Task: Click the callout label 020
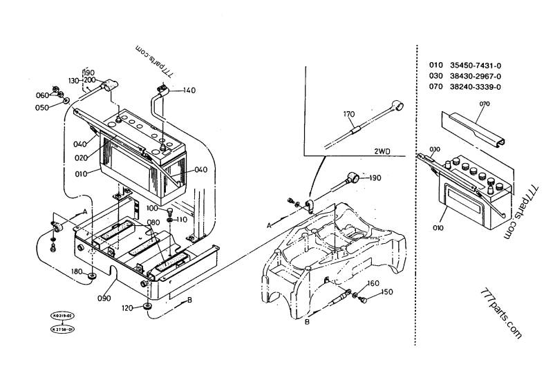[x=82, y=157]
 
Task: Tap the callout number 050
[x=43, y=108]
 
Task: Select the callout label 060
[x=43, y=95]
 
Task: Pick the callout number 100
[x=152, y=208]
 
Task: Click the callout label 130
[x=75, y=80]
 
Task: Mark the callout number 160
[x=373, y=283]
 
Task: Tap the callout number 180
[x=76, y=272]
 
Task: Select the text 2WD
[x=384, y=150]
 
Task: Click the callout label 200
[x=90, y=80]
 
